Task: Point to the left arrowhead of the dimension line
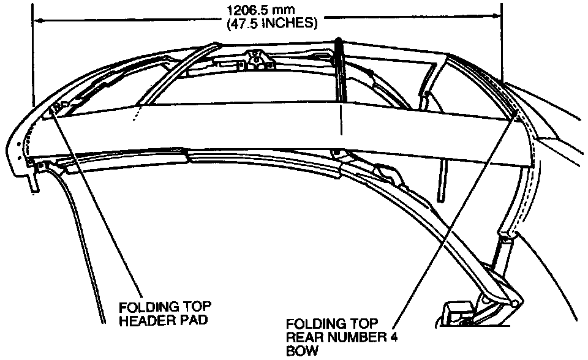click(x=37, y=20)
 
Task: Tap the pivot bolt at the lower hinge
click(x=513, y=301)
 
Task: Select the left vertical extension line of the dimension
click(x=32, y=61)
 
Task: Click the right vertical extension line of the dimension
click(x=502, y=43)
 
